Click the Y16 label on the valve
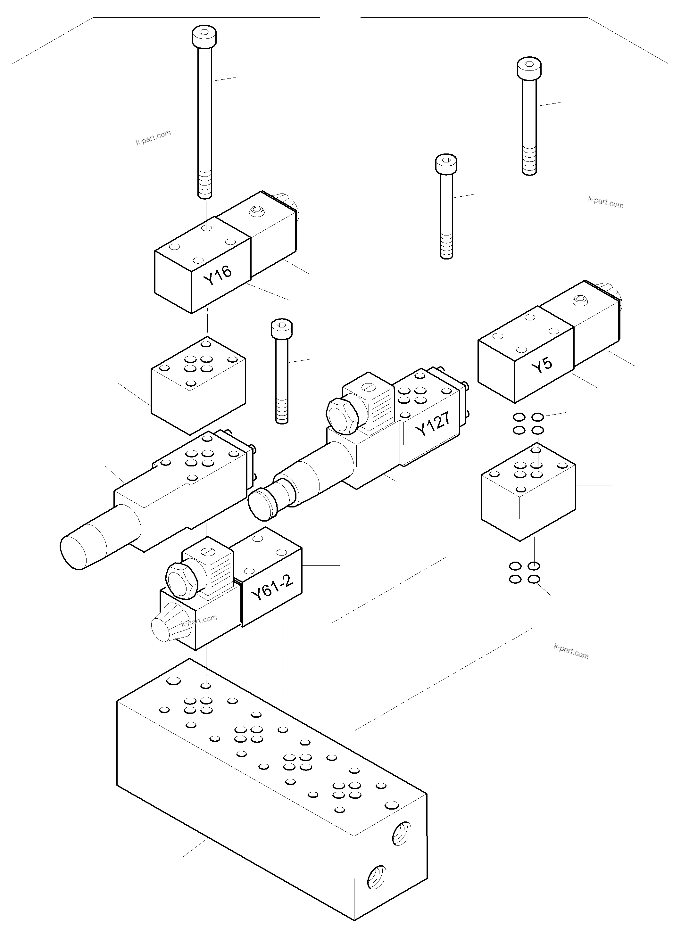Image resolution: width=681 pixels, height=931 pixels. [x=217, y=275]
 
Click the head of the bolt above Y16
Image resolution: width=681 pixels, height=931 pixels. [x=204, y=36]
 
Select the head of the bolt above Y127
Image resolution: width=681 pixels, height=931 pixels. [x=446, y=163]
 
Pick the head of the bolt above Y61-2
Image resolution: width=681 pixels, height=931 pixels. [x=282, y=328]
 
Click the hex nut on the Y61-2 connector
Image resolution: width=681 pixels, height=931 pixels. [x=181, y=581]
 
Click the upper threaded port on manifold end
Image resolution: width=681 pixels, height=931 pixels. [x=401, y=833]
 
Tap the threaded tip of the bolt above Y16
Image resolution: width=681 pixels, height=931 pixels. [x=205, y=185]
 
